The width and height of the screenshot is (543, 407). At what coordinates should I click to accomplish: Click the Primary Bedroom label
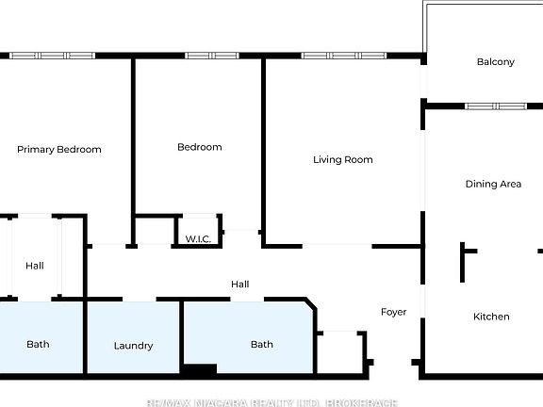tap(59, 150)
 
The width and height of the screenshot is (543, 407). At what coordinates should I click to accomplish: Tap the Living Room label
tap(343, 160)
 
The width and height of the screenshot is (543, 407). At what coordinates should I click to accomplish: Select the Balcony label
tap(495, 62)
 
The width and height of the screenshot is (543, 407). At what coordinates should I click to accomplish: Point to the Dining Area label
tap(493, 185)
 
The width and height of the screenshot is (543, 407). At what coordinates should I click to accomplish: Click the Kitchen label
tap(491, 317)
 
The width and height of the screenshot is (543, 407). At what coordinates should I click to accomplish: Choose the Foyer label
tap(393, 312)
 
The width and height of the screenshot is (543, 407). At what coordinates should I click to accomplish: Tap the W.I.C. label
tap(197, 238)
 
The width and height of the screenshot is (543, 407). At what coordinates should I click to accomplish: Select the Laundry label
tap(133, 346)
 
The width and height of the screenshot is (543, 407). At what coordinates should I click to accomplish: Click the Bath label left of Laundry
tap(38, 345)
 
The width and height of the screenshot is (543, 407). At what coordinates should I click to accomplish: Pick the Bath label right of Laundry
tap(262, 345)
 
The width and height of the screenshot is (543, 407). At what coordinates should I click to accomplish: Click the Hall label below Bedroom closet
tap(240, 284)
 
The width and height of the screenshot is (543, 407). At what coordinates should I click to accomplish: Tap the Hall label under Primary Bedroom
tap(35, 266)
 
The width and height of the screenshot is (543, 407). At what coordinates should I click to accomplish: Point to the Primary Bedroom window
tap(53, 56)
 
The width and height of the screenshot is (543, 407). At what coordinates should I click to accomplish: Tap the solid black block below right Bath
tap(199, 370)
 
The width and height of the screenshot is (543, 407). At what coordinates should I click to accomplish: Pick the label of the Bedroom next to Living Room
tap(200, 147)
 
